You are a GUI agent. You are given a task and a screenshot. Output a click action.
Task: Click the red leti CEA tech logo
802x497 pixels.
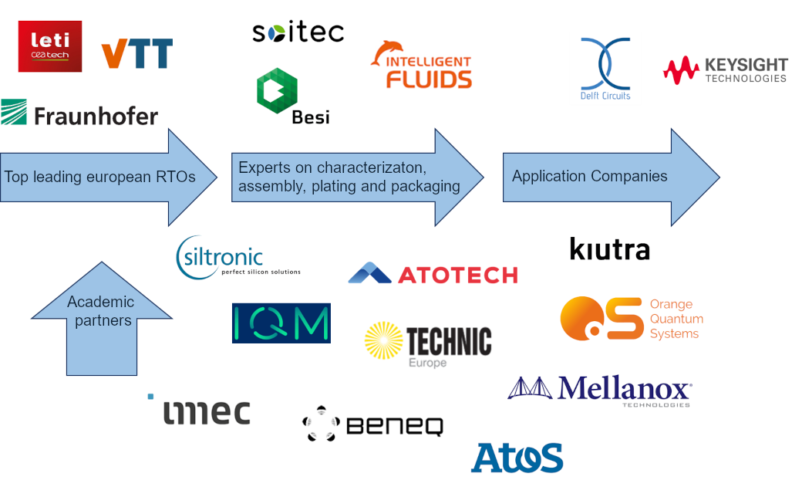click(x=49, y=46)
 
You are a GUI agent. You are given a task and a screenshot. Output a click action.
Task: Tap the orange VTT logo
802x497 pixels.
click(x=136, y=54)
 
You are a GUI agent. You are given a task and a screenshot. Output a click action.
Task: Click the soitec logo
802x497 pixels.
click(x=298, y=33)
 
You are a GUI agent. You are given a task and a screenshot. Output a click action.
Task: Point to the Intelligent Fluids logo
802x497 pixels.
click(x=421, y=64)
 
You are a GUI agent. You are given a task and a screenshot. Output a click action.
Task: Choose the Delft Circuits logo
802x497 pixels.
click(x=605, y=69)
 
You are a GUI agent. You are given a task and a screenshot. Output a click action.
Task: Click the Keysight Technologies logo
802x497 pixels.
click(x=725, y=70)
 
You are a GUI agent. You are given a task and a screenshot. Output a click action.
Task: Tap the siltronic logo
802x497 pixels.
click(x=238, y=258)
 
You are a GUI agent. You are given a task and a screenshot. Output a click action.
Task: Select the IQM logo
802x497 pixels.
click(x=281, y=323)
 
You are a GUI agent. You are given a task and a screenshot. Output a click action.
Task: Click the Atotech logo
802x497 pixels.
click(x=433, y=274)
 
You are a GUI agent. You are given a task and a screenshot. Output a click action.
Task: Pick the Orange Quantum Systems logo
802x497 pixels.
click(x=632, y=319)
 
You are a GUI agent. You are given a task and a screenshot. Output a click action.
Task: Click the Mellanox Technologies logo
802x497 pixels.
click(x=599, y=390)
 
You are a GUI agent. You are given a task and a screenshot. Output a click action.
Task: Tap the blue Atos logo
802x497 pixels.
click(x=517, y=457)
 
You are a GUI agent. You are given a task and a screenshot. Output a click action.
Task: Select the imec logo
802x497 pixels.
click(x=199, y=411)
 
